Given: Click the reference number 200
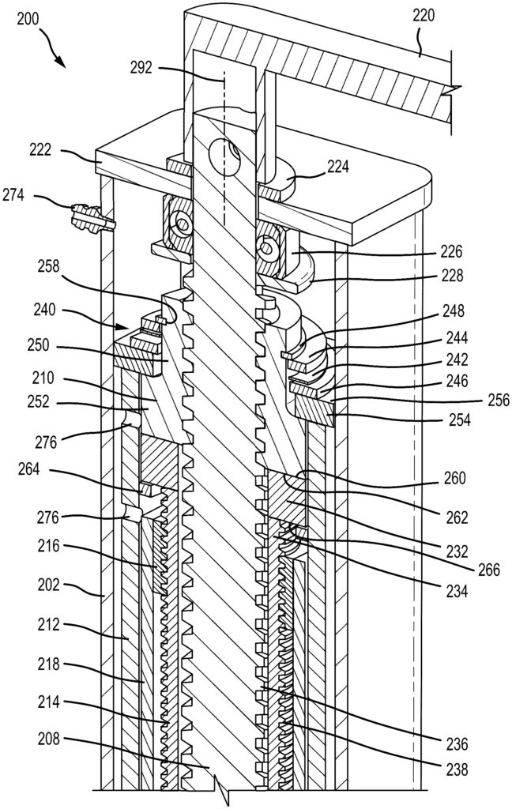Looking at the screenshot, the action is [x=27, y=20].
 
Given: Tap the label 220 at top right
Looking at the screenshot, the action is [x=424, y=16].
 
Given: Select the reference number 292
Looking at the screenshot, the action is [x=141, y=68].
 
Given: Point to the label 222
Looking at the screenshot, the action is [x=41, y=149].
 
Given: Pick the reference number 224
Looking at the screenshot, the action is [x=338, y=167].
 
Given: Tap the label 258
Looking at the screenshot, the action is [x=48, y=267].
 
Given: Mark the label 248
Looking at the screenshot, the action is [x=453, y=310].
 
